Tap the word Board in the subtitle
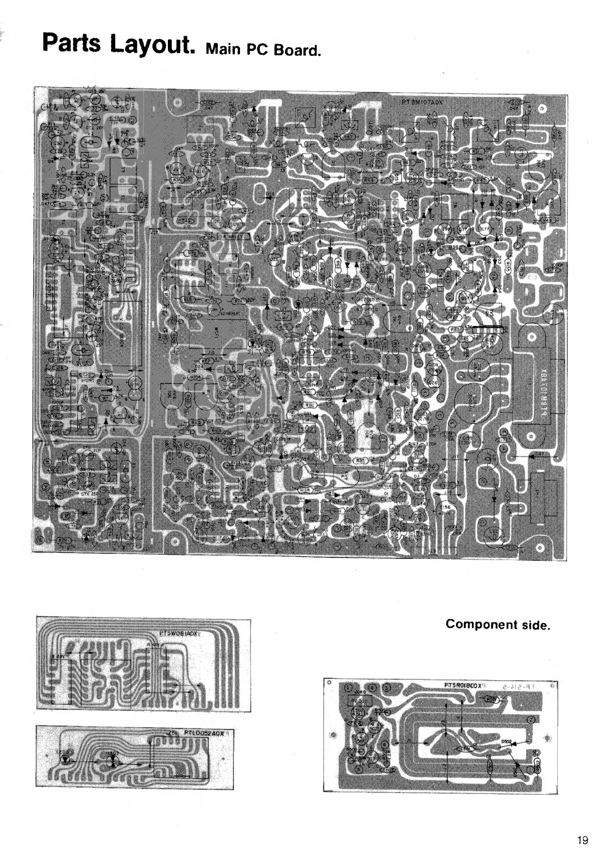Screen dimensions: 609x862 [298, 51]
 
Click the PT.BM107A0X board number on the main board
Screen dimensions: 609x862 [421, 102]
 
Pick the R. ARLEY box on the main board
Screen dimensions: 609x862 [233, 236]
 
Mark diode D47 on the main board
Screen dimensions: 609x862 [540, 454]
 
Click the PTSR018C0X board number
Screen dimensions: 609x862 [457, 684]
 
